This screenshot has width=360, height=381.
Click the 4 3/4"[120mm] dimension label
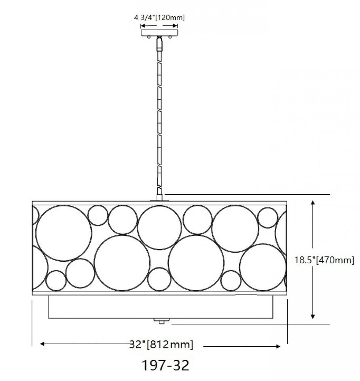click(159, 18)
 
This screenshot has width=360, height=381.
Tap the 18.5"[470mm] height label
click(324, 260)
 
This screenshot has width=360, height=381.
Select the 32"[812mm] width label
click(161, 344)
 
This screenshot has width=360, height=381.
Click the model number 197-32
click(165, 365)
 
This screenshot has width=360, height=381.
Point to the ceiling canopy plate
click(159, 33)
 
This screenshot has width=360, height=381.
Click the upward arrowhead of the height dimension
click(313, 203)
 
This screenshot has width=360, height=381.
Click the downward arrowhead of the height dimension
click(313, 316)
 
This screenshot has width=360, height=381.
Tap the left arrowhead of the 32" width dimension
click(42, 344)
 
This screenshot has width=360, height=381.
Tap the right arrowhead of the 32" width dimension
click(278, 346)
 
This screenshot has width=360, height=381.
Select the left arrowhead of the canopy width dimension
click(143, 26)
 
